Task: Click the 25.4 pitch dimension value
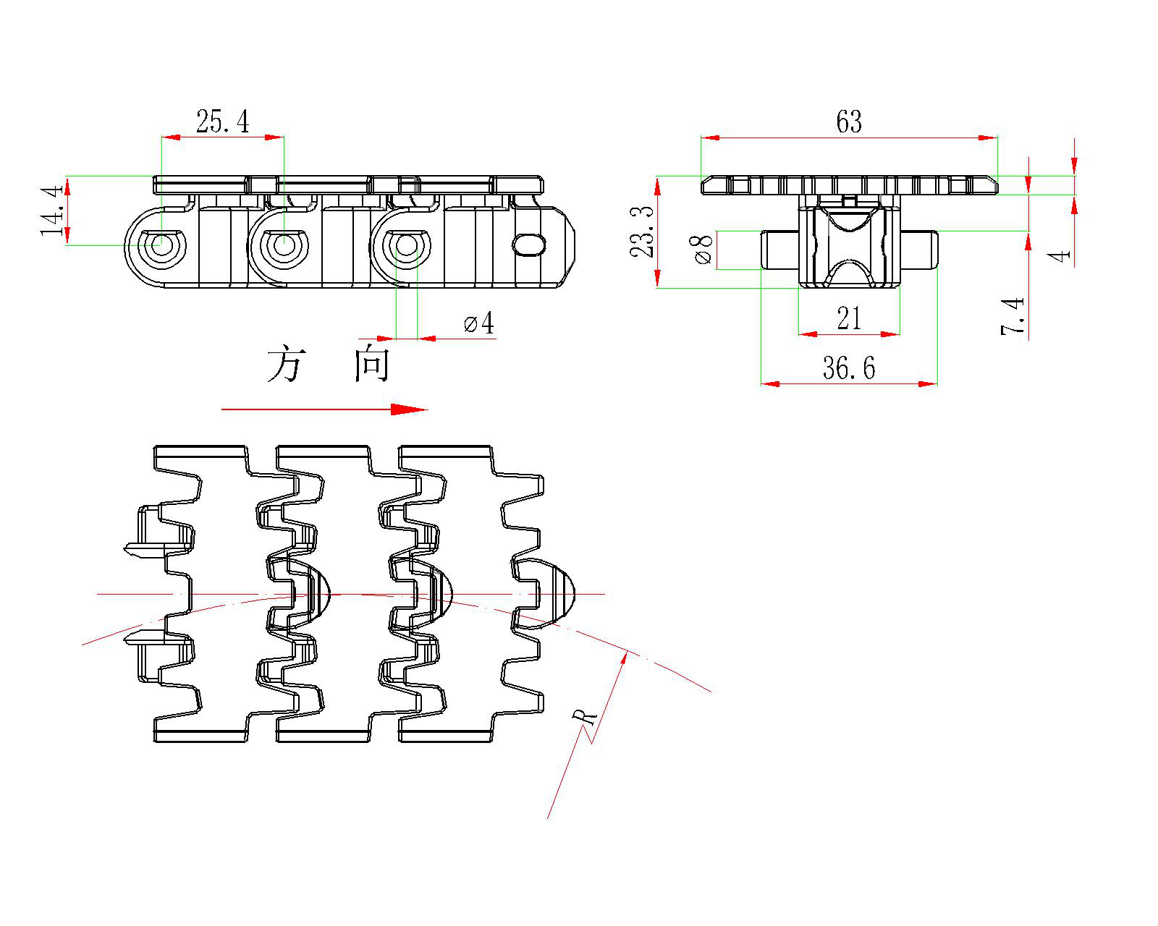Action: [222, 122]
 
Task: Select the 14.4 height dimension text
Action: [53, 211]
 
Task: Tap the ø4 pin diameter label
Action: [479, 323]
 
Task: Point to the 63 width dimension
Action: [849, 122]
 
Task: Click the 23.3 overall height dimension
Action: [642, 231]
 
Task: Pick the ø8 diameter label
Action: [703, 249]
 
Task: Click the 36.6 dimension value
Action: [848, 368]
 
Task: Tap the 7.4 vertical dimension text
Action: [1013, 315]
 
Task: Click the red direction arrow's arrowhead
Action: [410, 409]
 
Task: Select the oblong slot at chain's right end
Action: [530, 244]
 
